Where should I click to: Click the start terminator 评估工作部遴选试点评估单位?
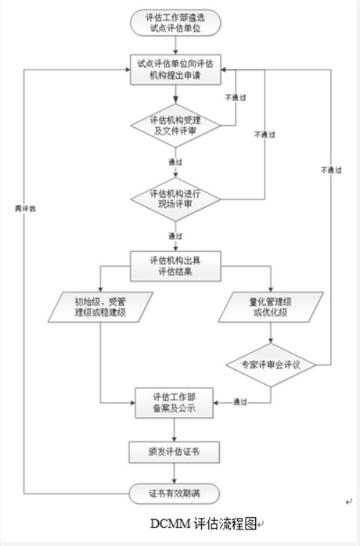click(x=175, y=22)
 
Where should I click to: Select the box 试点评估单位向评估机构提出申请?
click(x=175, y=69)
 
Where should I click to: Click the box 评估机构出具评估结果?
click(x=175, y=265)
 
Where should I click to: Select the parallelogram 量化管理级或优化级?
click(x=270, y=307)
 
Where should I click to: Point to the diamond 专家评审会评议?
click(x=270, y=364)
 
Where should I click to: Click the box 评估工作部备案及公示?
click(x=175, y=403)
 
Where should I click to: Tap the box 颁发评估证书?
click(x=175, y=452)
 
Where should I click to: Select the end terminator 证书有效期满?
click(x=175, y=493)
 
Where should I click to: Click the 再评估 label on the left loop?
click(x=25, y=208)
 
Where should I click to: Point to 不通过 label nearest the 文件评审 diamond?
click(x=235, y=98)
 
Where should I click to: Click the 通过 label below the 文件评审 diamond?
click(x=175, y=161)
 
